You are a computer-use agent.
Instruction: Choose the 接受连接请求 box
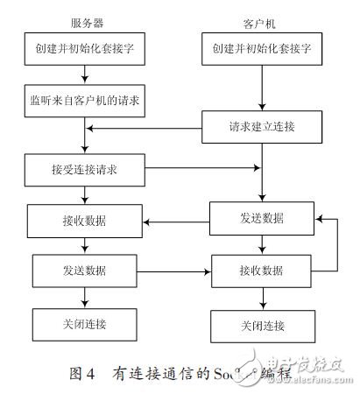tap(84, 166)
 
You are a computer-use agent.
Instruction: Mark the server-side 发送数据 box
tap(84, 265)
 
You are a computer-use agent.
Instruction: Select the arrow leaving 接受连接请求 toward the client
tap(201, 166)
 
